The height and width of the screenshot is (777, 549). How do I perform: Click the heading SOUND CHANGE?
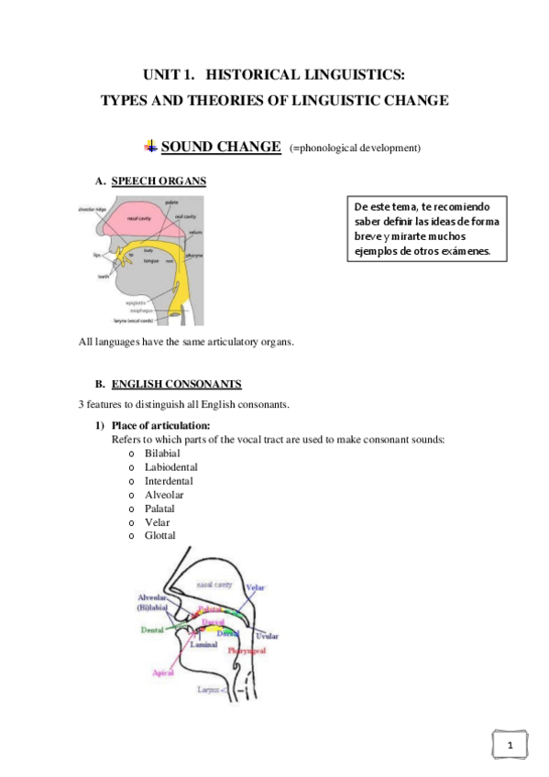(x=221, y=147)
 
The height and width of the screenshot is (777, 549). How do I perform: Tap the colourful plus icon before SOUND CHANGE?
(x=150, y=147)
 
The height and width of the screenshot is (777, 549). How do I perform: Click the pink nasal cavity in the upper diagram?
(x=140, y=220)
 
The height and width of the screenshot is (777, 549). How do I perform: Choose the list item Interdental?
(x=169, y=481)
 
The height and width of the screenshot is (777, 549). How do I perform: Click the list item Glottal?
(x=159, y=536)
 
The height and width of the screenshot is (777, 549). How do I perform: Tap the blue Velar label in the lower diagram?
(x=255, y=587)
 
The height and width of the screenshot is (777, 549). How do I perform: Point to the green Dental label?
(x=152, y=629)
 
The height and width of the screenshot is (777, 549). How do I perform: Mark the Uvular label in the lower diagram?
(x=268, y=635)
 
